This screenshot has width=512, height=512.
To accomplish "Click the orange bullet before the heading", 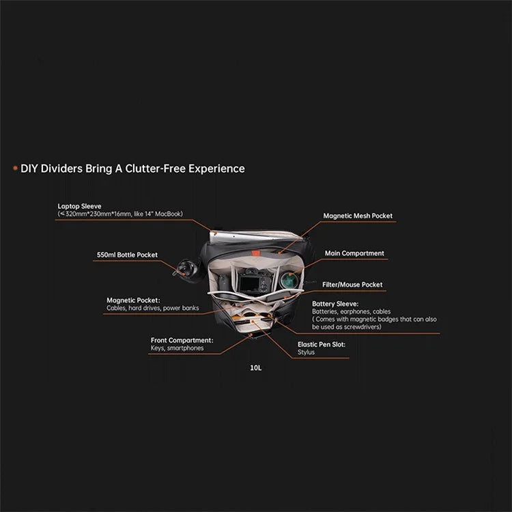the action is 15,168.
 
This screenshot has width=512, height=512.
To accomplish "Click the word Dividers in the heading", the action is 61,169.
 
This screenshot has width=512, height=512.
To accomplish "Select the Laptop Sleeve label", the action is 79,206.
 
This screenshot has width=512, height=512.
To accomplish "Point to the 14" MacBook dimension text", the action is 120,214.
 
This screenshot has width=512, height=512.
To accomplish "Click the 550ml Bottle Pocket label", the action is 127,255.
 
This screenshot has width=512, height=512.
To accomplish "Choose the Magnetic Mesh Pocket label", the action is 358,216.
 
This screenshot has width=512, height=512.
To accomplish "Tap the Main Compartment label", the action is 354,253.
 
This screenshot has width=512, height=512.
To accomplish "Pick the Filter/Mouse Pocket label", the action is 352,285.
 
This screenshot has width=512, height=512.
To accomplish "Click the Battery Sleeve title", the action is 335,304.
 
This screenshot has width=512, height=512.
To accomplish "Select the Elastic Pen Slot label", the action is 322,345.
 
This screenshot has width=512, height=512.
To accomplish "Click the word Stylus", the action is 306,352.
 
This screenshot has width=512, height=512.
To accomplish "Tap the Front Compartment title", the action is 182,340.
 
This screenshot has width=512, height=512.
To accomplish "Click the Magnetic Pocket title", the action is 133,300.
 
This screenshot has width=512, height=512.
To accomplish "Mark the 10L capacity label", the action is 256,368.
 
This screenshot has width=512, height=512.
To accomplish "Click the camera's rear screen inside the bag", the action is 249,285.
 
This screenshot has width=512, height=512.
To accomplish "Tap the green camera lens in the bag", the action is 289,280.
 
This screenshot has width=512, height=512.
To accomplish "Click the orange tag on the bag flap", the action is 256,253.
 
